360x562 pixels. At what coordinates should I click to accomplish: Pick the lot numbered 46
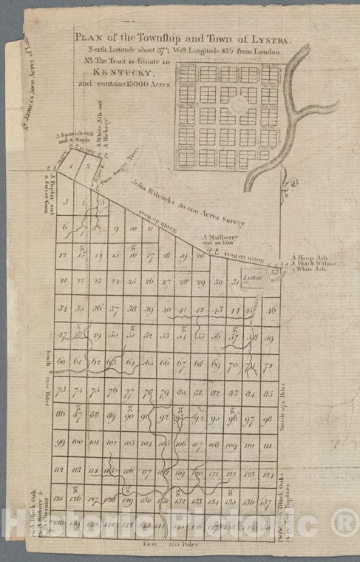tap(272, 309)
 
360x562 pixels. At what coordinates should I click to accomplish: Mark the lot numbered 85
tap(269, 392)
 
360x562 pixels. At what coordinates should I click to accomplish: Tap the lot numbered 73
tap(62, 390)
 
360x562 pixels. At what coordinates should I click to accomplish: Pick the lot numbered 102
tap(112, 444)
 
